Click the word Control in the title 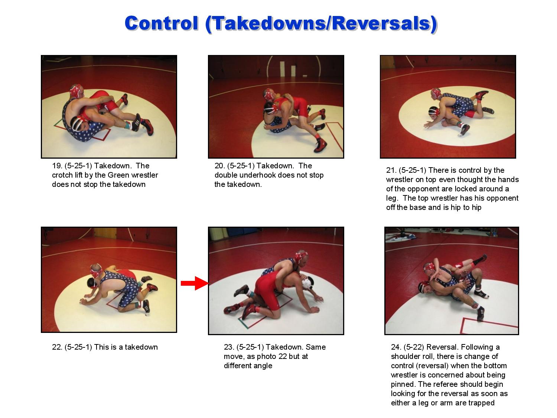(162, 23)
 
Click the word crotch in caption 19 (62, 175)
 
